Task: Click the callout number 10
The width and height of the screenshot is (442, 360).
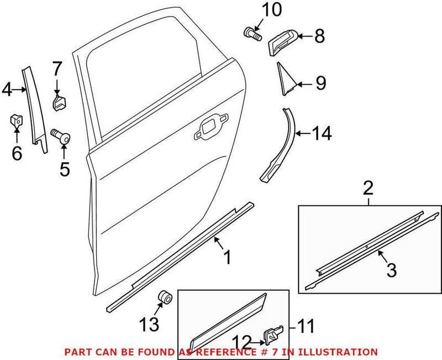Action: click(255, 9)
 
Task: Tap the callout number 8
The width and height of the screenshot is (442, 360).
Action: click(320, 37)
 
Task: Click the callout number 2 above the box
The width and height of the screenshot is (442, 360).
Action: click(368, 189)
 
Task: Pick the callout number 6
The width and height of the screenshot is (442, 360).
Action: click(17, 153)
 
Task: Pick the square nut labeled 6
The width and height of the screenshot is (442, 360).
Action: click(17, 119)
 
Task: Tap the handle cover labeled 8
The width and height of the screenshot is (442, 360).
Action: click(283, 42)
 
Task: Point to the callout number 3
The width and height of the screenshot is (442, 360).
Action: click(391, 270)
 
